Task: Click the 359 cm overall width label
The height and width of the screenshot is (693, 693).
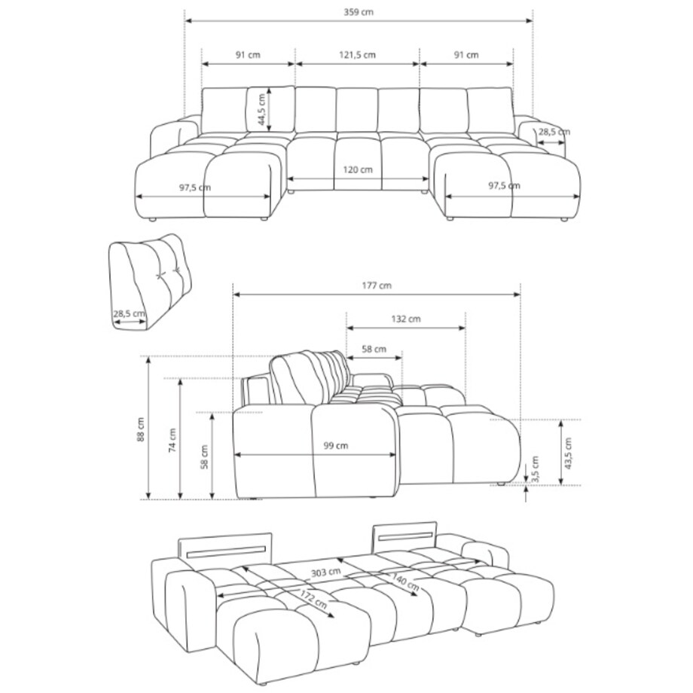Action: coord(359,12)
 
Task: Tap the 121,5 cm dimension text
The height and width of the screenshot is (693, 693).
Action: coord(357,55)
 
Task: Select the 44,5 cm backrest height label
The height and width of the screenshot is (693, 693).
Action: coord(261,109)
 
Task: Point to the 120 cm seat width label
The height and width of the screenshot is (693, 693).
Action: coord(358,169)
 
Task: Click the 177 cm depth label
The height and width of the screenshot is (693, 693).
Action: coord(377,285)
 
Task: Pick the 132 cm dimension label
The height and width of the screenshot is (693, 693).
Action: coord(406,319)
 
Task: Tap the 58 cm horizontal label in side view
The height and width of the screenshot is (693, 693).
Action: coord(374,349)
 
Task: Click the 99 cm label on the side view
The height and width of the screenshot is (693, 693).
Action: coord(335,445)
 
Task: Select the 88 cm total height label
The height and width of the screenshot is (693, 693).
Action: coord(141,429)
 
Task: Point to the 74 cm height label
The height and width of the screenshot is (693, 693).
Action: coord(172,440)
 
